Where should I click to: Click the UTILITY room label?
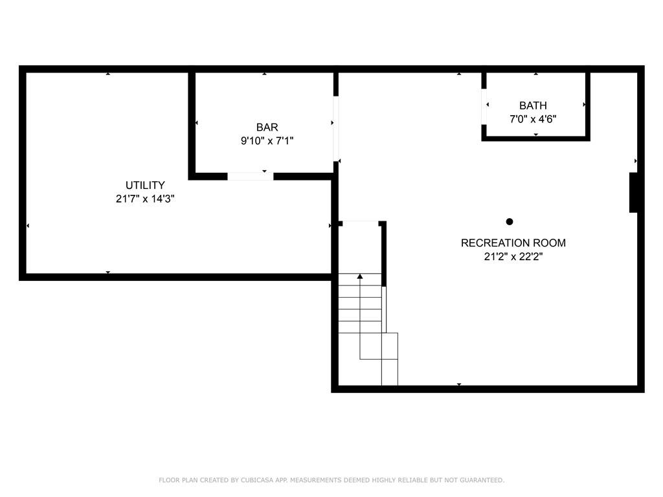145,185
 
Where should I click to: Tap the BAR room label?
267,127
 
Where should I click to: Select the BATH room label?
533,105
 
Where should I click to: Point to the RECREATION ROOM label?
513,243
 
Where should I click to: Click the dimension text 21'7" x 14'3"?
145,199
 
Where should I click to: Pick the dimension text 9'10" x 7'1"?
267,140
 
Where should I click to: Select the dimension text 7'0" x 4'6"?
533,119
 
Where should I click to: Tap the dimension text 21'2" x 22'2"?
513,256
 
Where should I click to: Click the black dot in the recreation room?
510,221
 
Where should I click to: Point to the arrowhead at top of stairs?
360,276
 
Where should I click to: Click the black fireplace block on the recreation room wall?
633,192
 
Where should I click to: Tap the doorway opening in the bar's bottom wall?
251,176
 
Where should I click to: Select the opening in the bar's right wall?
336,129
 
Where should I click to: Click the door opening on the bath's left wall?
484,107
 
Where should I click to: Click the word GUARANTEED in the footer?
482,480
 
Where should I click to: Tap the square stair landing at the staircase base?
389,346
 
